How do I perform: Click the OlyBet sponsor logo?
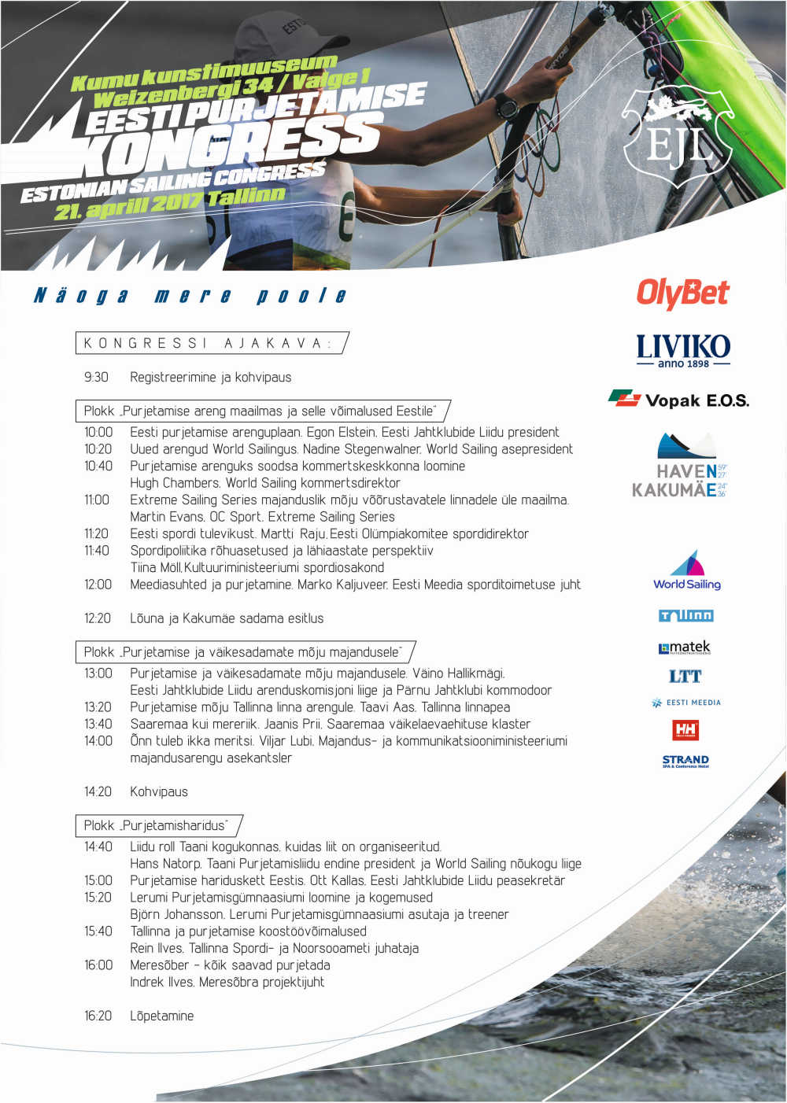(x=682, y=293)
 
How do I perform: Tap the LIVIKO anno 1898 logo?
(x=682, y=350)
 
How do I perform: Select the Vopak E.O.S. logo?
(x=678, y=400)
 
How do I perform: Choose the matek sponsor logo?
(x=685, y=647)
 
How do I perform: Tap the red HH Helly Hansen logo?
(x=685, y=730)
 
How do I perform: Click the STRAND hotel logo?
(x=685, y=761)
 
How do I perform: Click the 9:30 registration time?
(x=96, y=378)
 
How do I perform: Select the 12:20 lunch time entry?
(x=98, y=618)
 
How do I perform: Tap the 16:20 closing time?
(x=98, y=1016)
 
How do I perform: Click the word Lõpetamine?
(x=161, y=1016)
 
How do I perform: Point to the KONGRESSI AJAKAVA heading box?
(x=212, y=344)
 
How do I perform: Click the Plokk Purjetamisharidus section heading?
(x=157, y=825)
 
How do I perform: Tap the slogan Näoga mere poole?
(x=190, y=296)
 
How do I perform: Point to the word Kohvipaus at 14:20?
(x=159, y=792)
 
